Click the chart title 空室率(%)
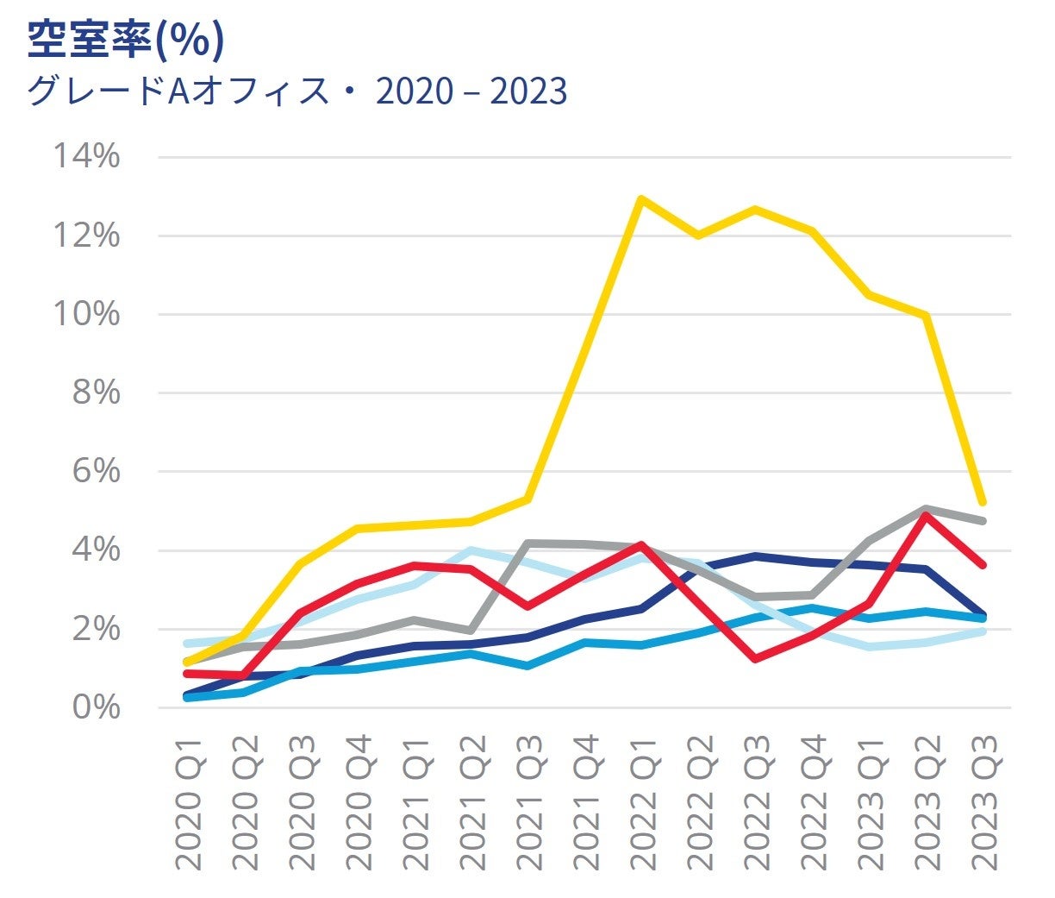coord(126,40)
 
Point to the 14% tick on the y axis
coord(86,157)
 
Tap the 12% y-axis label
coord(86,235)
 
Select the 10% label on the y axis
coord(86,314)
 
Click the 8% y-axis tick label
coord(95,392)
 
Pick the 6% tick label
coord(95,471)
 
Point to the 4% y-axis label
coord(95,549)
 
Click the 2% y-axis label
coord(95,629)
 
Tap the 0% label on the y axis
coord(95,707)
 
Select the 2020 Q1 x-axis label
coord(188,803)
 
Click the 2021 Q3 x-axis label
coord(528,803)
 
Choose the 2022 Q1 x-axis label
coord(642,803)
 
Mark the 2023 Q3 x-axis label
coord(983,803)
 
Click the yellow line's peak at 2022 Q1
coord(641,199)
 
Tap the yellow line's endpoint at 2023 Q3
coord(982,502)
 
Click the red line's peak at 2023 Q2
coord(926,515)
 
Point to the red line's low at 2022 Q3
coord(755,659)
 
